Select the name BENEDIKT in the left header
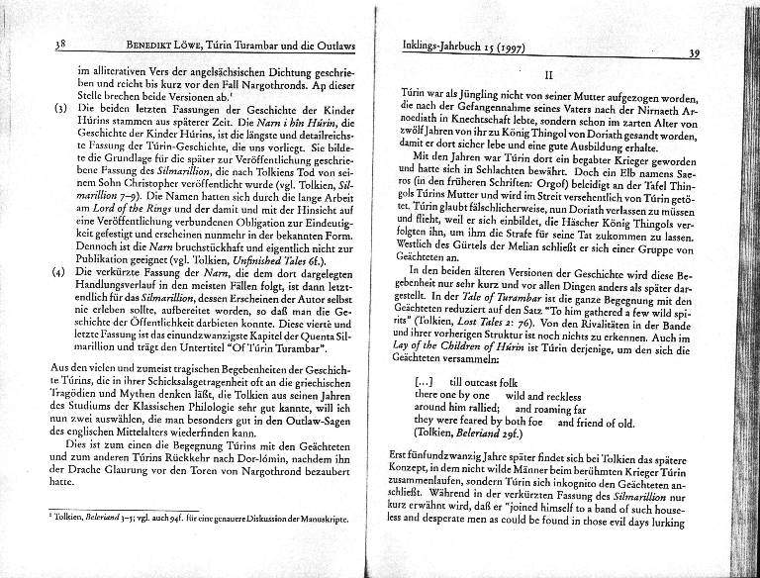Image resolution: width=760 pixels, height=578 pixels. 143,46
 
